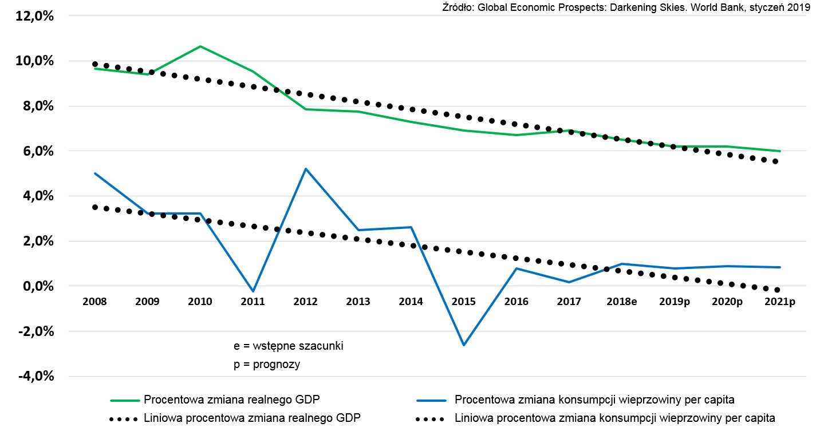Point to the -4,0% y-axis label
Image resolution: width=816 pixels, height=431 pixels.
tap(35, 377)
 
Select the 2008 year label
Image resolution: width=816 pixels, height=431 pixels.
tap(94, 302)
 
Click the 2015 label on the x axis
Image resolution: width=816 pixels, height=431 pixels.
tap(463, 302)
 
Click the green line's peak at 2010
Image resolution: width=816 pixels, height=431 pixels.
tap(200, 46)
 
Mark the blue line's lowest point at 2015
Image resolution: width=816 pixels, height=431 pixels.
tap(463, 345)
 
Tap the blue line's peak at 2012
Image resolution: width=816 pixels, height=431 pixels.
tap(306, 169)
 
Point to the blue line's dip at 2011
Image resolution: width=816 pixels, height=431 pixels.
tap(253, 291)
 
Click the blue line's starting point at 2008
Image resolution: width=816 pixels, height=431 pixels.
tap(95, 173)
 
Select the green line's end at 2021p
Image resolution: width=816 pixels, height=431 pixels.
tap(780, 151)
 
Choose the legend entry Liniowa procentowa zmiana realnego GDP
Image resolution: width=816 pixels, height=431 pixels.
tap(252, 418)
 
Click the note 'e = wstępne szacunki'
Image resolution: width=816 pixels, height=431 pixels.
tap(288, 346)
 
